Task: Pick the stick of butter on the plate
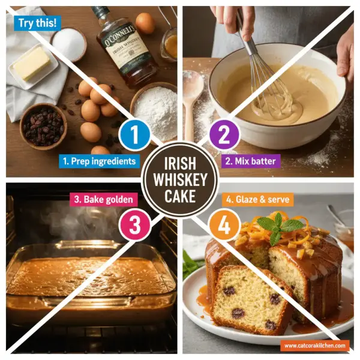pyautogui.click(x=32, y=62)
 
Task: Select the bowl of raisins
pyautogui.click(x=43, y=124)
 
